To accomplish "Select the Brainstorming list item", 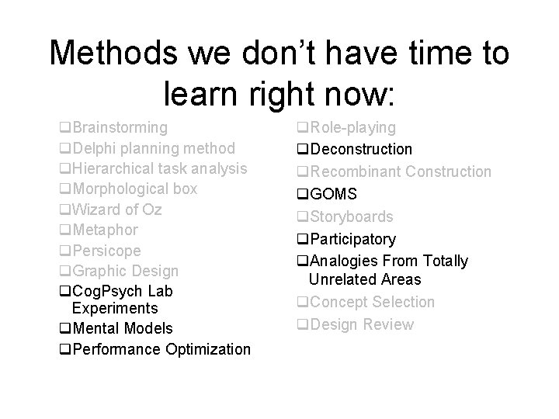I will pos(119,127).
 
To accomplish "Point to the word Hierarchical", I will pos(116,168).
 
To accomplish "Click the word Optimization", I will pos(208,349).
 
